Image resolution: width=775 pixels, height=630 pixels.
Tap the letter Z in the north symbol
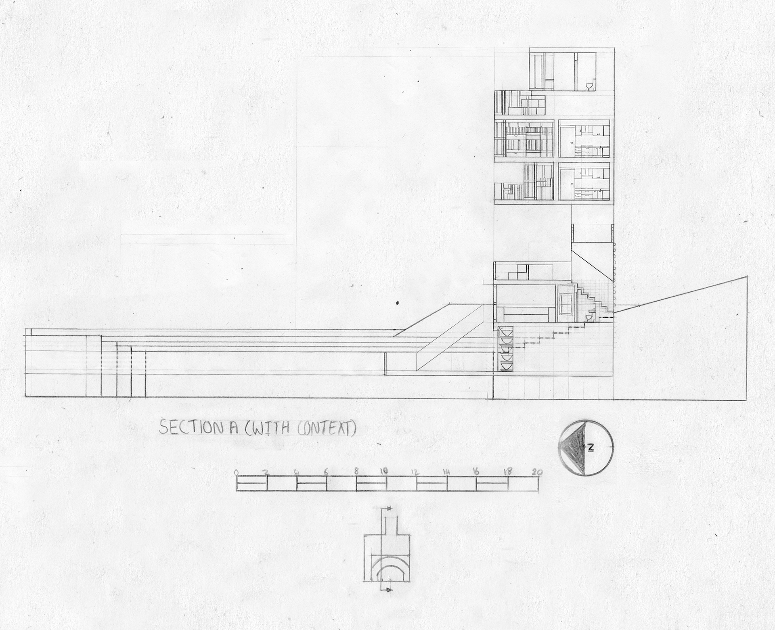point(590,447)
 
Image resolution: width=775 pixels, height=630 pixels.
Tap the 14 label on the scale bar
point(446,471)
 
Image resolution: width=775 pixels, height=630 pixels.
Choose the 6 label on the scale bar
point(326,471)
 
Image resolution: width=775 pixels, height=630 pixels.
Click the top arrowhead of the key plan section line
point(390,509)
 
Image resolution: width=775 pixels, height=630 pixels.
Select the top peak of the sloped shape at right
point(747,277)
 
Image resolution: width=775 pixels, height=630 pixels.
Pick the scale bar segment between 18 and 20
point(522,483)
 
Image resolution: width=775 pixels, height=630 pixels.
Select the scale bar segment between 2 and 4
point(281,483)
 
